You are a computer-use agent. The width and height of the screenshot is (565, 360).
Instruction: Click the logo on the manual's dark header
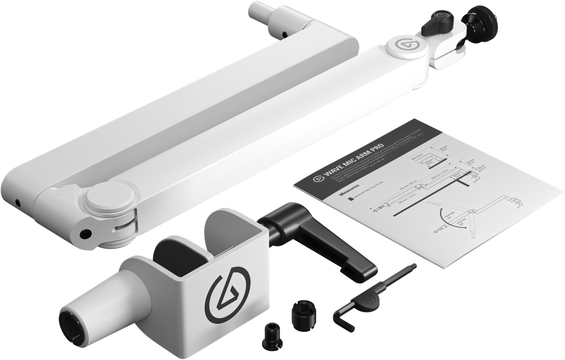point(317,179)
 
